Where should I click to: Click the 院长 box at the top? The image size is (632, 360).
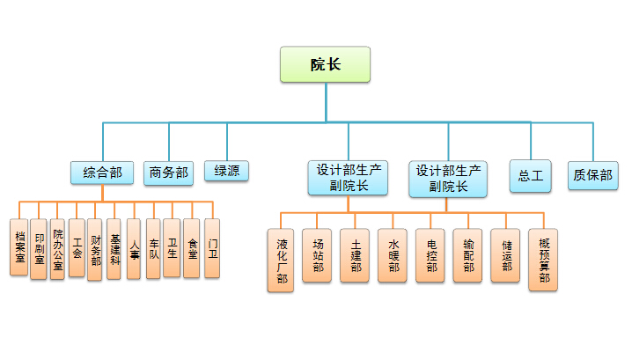(325, 65)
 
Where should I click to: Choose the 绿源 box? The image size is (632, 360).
(226, 171)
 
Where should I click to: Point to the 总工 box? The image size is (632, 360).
(531, 175)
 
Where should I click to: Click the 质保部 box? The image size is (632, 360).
(592, 174)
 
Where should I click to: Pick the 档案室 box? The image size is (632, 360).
(18, 248)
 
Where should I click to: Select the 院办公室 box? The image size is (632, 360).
(58, 248)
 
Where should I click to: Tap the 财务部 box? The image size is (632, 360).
(96, 248)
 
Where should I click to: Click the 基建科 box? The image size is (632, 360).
(114, 248)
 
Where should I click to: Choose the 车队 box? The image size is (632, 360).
(153, 248)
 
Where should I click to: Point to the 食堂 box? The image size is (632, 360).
(192, 248)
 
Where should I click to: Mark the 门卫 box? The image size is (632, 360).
(212, 248)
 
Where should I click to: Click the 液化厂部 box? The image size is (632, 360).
(282, 260)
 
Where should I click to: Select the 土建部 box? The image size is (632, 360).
(355, 255)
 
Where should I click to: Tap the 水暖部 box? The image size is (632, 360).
(393, 255)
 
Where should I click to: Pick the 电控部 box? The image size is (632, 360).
(430, 255)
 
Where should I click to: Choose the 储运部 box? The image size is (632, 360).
(506, 255)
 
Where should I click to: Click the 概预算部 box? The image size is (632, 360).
(544, 260)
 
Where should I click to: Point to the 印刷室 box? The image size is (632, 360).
(38, 248)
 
